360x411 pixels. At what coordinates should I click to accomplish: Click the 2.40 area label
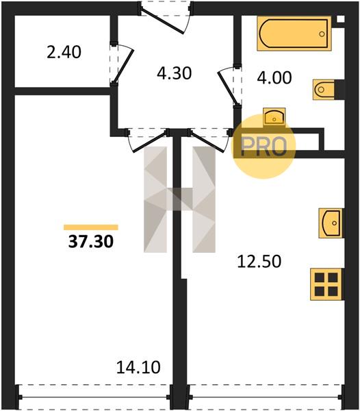tap(64, 52)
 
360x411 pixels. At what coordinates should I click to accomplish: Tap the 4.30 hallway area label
tap(175, 73)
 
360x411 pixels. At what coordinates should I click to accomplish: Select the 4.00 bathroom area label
tap(274, 78)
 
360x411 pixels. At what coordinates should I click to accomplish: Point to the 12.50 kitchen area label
tap(259, 262)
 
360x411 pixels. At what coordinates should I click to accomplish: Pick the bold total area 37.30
tap(91, 241)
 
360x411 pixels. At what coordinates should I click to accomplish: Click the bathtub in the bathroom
tap(294, 34)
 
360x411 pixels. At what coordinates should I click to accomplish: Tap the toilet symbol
tap(324, 90)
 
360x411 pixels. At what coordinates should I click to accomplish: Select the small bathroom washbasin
tap(274, 117)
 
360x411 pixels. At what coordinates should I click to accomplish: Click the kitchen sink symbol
tap(331, 223)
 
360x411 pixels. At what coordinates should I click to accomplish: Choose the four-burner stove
tap(326, 284)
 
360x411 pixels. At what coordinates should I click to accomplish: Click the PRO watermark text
tap(264, 147)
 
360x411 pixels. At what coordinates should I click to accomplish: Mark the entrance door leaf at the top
tap(162, 20)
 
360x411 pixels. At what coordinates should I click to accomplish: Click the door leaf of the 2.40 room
tap(124, 66)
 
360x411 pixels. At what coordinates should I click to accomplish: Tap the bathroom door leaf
tap(228, 88)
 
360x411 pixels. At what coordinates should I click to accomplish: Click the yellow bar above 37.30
tap(91, 227)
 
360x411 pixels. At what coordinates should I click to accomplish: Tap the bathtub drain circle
tap(322, 34)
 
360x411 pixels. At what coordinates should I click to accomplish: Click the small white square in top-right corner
tap(340, 19)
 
